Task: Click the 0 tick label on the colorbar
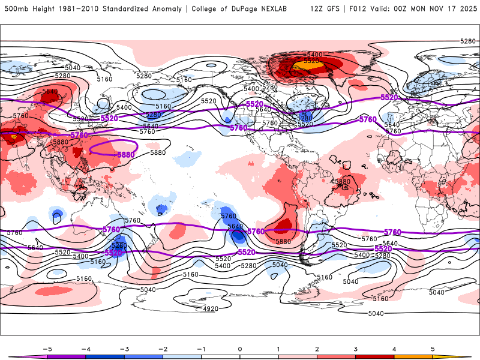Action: [x=239, y=348]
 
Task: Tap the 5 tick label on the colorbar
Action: [x=433, y=348]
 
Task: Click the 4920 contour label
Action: [x=211, y=309]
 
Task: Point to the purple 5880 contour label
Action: [x=125, y=154]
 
